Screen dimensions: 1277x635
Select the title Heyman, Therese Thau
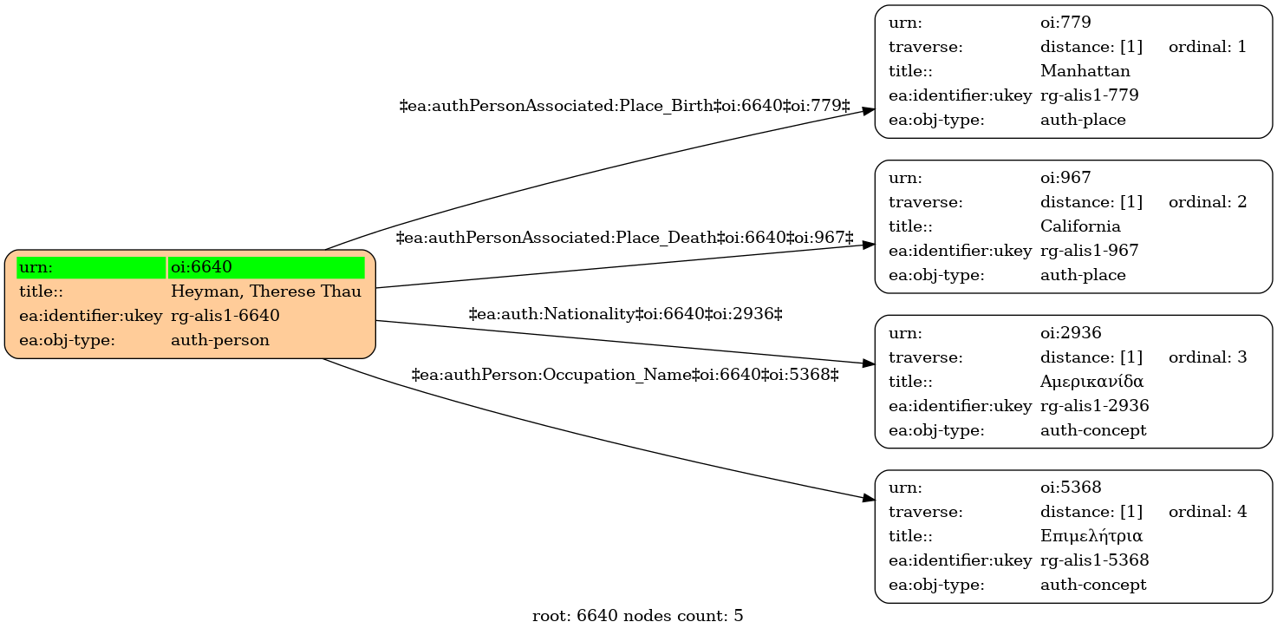pos(266,291)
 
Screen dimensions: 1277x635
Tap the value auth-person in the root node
pos(220,340)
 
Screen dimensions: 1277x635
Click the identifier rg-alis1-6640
pos(225,316)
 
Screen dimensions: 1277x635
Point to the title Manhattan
pos(1085,71)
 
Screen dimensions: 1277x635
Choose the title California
pos(1080,226)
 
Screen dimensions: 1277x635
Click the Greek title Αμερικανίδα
pos(1091,381)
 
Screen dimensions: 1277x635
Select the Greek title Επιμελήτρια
pos(1091,536)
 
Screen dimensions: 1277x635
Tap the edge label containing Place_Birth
pos(625,106)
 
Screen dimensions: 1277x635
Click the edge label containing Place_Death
pos(625,238)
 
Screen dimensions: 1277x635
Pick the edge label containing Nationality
pos(625,314)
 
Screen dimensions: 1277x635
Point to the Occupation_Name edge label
pos(625,375)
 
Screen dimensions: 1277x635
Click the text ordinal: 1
pos(1208,47)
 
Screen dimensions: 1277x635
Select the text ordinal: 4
pos(1208,512)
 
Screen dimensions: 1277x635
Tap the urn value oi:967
pos(1065,178)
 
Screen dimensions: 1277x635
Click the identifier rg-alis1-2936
pos(1095,406)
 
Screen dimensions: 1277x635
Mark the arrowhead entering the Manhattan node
pos(869,111)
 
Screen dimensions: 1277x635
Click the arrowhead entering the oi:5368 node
pos(869,499)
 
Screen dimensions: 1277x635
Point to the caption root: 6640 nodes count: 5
pos(637,616)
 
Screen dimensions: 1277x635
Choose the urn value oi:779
pos(1065,23)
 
